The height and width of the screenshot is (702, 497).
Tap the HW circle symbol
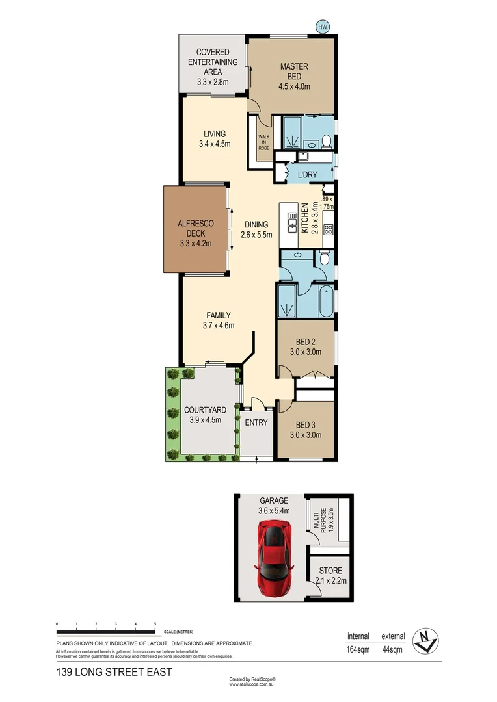(321, 27)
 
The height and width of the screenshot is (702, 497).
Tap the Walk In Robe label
(264, 142)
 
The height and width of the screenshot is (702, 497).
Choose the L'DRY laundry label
(306, 175)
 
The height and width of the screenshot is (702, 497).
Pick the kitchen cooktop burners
(328, 228)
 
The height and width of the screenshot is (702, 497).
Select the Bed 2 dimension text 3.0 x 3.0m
(306, 353)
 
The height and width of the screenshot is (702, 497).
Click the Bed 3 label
(306, 425)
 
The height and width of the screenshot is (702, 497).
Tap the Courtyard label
(205, 410)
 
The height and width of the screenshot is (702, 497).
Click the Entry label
(256, 422)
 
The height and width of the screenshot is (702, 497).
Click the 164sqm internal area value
(358, 649)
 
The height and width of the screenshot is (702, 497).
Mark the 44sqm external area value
(393, 649)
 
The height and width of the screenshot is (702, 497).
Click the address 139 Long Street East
(114, 672)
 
